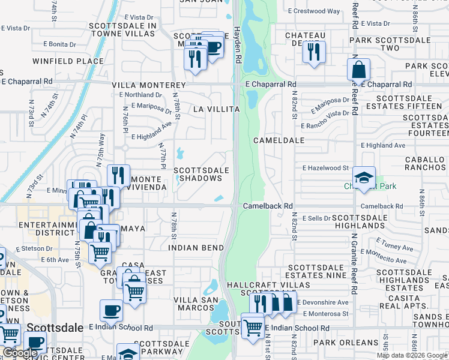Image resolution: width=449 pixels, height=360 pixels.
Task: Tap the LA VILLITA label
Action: (x=217, y=109)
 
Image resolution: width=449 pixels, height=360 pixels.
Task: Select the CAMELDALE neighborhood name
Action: (x=279, y=140)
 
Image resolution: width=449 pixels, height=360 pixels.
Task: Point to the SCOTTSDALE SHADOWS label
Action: (x=202, y=174)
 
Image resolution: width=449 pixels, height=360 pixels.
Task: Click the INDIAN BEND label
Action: (x=196, y=247)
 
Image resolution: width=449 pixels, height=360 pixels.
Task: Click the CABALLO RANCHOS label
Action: (x=426, y=163)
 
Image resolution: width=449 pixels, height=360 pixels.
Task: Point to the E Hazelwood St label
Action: (x=325, y=169)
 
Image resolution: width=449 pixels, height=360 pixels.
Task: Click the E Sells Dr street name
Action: (x=316, y=218)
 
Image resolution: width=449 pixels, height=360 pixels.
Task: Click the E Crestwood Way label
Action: (x=314, y=11)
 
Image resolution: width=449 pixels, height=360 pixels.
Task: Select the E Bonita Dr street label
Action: (x=55, y=44)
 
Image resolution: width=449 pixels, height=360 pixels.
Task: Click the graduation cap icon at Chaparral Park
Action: (x=364, y=177)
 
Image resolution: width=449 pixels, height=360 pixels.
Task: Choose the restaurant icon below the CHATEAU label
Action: (x=314, y=52)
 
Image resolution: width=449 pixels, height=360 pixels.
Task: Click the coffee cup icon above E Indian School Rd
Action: (x=112, y=310)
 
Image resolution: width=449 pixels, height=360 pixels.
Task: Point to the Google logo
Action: (x=19, y=353)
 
